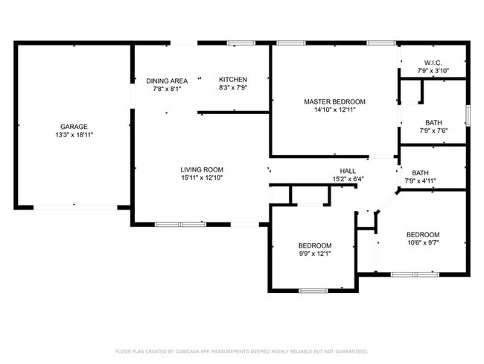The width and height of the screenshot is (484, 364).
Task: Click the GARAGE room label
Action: click(74, 127)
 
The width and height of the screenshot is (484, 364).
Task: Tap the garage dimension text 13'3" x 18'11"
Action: click(74, 135)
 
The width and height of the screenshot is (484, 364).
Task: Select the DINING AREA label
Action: click(167, 81)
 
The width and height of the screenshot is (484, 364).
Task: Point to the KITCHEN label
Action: click(233, 80)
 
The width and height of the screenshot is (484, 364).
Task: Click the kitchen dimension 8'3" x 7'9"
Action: click(233, 87)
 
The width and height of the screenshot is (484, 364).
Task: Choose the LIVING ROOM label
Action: click(202, 169)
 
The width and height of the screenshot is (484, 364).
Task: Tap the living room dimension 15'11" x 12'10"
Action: click(202, 178)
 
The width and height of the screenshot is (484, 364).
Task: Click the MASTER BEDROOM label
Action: click(334, 101)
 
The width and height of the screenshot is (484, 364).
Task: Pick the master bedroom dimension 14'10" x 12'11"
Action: click(335, 110)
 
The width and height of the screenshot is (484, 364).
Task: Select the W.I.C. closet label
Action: click(433, 63)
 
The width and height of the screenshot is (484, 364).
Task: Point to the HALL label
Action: click(348, 171)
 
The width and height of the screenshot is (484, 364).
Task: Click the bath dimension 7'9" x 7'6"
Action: click(433, 131)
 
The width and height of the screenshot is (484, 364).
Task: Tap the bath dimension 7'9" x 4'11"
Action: click(420, 181)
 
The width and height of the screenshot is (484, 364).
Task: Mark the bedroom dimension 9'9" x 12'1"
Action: click(315, 254)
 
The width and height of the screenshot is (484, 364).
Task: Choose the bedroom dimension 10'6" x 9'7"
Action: click(423, 242)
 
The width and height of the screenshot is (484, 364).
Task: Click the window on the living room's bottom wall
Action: click(180, 225)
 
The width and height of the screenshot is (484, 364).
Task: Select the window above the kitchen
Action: click(241, 43)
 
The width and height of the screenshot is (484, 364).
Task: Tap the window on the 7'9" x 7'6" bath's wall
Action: click(468, 116)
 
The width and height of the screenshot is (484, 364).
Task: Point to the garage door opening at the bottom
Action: click(75, 207)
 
